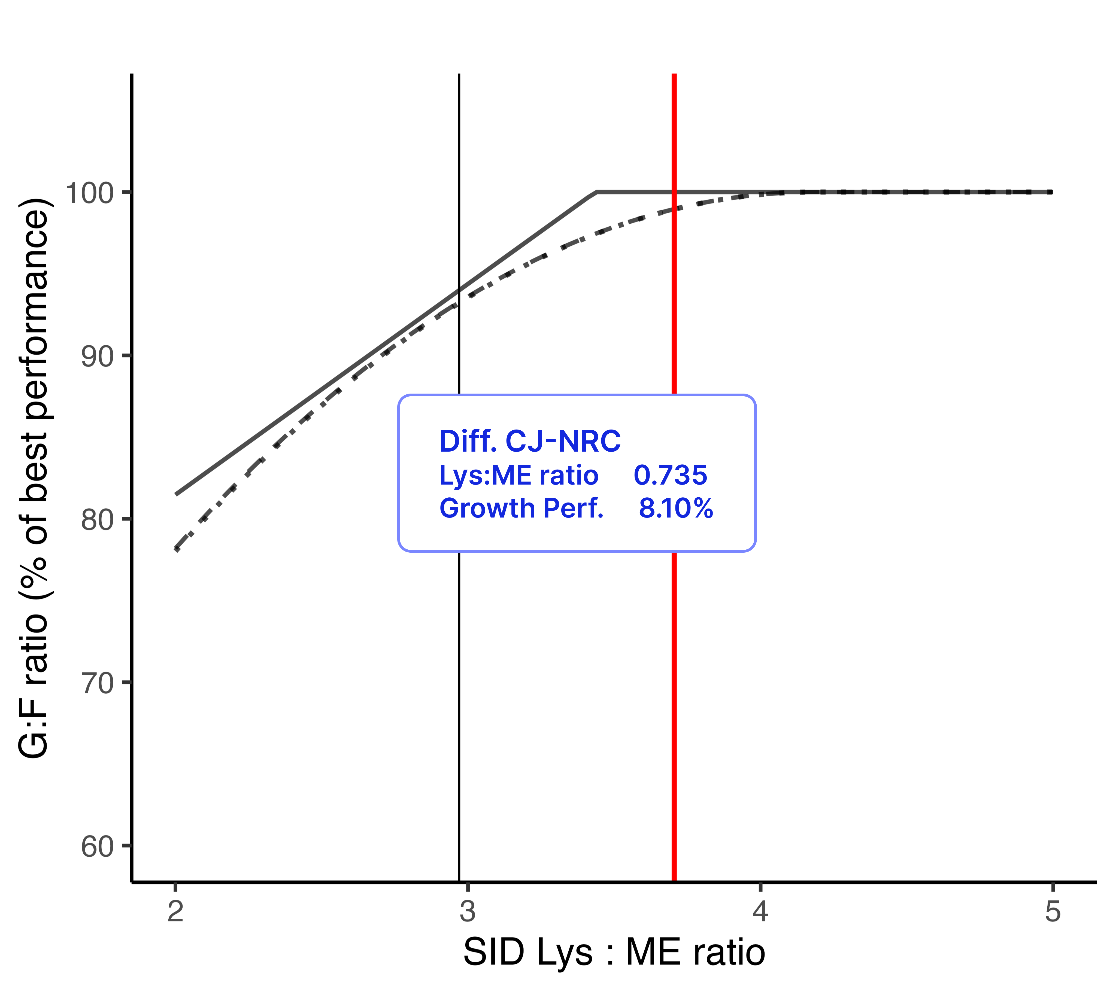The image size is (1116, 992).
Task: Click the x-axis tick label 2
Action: point(175,911)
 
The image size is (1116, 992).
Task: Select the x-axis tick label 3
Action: point(468,911)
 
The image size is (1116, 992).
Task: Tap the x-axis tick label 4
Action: point(760,911)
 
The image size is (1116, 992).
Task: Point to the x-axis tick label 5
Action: point(1053,911)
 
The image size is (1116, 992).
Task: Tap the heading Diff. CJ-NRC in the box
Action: point(530,441)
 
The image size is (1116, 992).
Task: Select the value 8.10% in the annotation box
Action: point(675,508)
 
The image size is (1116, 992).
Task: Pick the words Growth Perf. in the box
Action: point(521,508)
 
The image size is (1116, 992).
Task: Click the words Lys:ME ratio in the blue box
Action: point(519,475)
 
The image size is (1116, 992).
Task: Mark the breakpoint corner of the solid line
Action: point(597,192)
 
